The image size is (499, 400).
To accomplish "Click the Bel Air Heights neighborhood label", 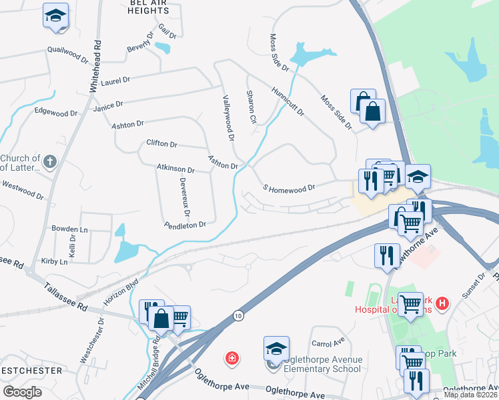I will pyautogui.click(x=147, y=7).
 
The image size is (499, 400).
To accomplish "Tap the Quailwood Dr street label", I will pyautogui.click(x=67, y=53).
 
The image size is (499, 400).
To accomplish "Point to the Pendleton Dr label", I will pyautogui.click(x=185, y=225).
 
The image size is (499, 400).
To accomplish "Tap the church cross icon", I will pyautogui.click(x=50, y=161).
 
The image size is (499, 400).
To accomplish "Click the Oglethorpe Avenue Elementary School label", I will pyautogui.click(x=323, y=364).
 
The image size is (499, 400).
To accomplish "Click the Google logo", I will pyautogui.click(x=22, y=392).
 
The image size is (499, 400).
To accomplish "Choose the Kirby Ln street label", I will pyautogui.click(x=55, y=262).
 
